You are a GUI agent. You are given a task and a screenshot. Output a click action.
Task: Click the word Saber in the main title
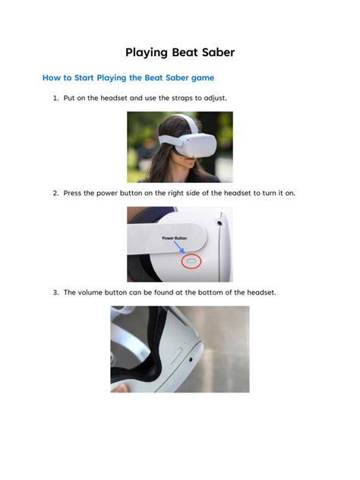[213, 52]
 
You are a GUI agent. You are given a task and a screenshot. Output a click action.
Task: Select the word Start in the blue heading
[83, 77]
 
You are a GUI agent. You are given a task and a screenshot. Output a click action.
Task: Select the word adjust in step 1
[225, 98]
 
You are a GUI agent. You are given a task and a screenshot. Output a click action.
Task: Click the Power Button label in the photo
[175, 237]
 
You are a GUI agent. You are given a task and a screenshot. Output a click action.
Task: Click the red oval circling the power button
[190, 260]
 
